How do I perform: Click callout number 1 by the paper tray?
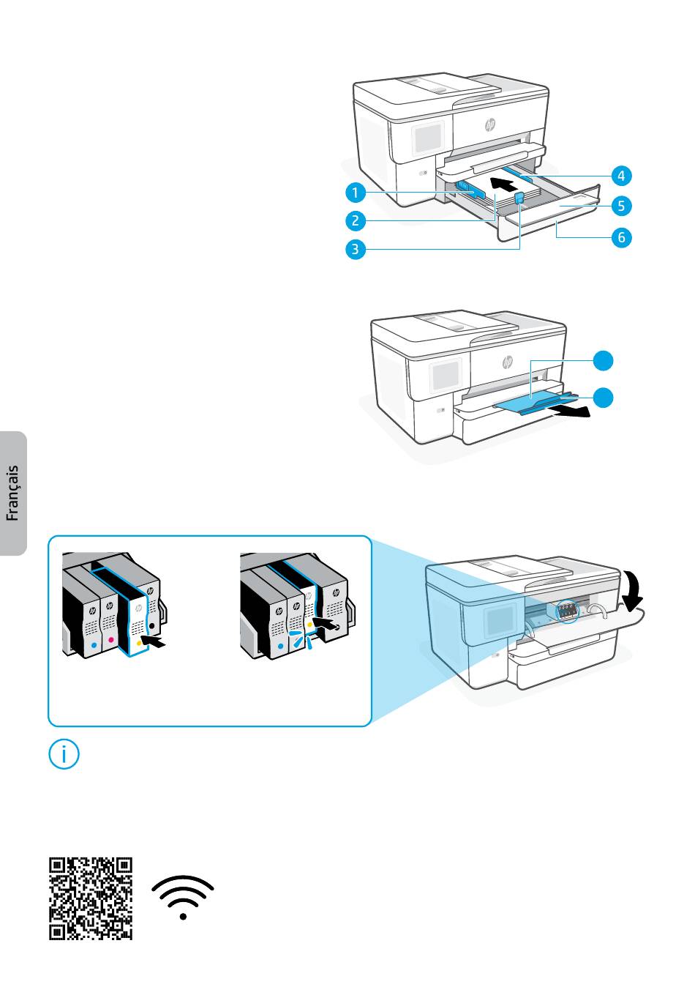pyautogui.click(x=356, y=193)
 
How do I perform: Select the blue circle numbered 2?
pyautogui.click(x=356, y=220)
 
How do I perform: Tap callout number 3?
pyautogui.click(x=356, y=249)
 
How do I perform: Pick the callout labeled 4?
pyautogui.click(x=621, y=176)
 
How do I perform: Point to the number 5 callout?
pyautogui.click(x=621, y=206)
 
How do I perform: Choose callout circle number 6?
pyautogui.click(x=621, y=237)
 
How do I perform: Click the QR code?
pyautogui.click(x=91, y=898)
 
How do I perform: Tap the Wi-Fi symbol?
pyautogui.click(x=183, y=897)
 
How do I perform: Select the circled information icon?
pyautogui.click(x=64, y=755)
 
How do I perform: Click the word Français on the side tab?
pyautogui.click(x=12, y=494)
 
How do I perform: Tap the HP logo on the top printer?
pyautogui.click(x=490, y=125)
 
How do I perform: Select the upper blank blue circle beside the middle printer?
pyautogui.click(x=604, y=360)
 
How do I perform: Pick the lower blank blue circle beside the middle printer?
pyautogui.click(x=604, y=398)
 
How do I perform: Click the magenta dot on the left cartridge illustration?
pyautogui.click(x=110, y=639)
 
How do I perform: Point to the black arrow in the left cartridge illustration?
pyautogui.click(x=157, y=642)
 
